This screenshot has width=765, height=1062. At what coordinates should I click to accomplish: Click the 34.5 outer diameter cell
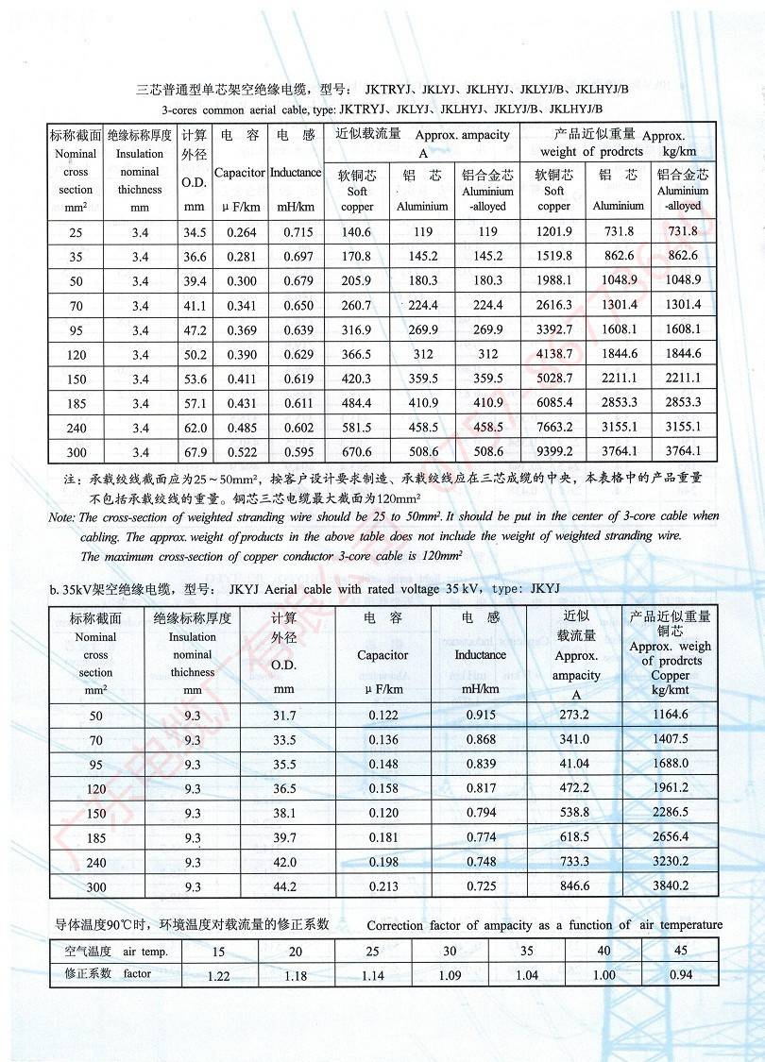coord(195,231)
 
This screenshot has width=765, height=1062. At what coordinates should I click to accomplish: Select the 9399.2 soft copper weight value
coord(554,452)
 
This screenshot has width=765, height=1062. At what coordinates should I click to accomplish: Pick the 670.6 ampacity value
coord(356,452)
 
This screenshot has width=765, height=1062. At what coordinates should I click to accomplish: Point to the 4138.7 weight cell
coord(554,354)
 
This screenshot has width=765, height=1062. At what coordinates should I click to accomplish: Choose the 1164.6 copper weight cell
coord(671,715)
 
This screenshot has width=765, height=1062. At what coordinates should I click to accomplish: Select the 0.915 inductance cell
coord(481,715)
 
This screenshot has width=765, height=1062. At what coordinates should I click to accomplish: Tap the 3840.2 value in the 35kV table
coord(671,886)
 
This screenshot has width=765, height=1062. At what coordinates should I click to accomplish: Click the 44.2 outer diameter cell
coord(284,886)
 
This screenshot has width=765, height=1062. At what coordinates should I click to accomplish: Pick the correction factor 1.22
coord(218,976)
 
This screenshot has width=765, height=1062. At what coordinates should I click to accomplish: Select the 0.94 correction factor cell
coord(679,974)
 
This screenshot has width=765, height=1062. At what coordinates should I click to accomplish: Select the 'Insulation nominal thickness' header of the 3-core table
coord(140,172)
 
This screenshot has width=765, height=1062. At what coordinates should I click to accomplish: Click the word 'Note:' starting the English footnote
coord(62,517)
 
